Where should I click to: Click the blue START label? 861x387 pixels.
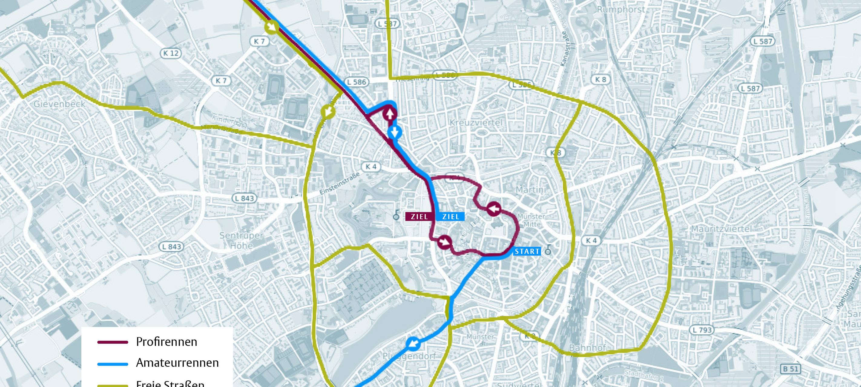click(x=527, y=251)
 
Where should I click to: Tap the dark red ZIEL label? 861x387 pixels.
click(x=419, y=216)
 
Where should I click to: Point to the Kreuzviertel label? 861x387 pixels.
click(x=476, y=122)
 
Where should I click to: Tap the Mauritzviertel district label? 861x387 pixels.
click(x=721, y=229)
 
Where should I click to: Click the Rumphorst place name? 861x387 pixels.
click(x=620, y=9)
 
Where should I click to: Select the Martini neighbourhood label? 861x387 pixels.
click(x=531, y=190)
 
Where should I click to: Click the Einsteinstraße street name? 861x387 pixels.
click(x=339, y=183)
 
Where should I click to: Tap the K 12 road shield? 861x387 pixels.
click(x=171, y=53)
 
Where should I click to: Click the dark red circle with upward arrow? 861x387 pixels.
click(x=390, y=114)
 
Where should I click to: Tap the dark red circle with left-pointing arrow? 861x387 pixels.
click(x=493, y=209)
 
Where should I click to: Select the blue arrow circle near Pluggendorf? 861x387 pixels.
click(x=413, y=343)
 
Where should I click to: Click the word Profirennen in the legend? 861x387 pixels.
click(x=166, y=342)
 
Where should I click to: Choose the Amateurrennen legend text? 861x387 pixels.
click(x=177, y=363)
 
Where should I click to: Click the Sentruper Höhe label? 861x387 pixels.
click(x=241, y=240)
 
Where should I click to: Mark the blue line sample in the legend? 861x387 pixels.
click(x=113, y=364)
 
